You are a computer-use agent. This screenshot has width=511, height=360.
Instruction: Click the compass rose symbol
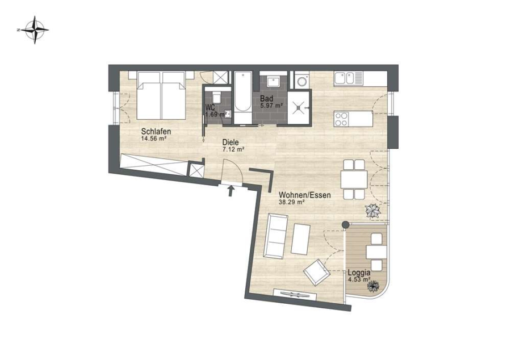(x=35, y=30)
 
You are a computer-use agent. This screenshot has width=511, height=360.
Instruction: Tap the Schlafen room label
(x=156, y=132)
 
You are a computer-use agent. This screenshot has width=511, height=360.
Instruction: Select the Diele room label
(x=231, y=143)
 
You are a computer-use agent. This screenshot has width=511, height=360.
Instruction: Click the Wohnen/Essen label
(x=305, y=195)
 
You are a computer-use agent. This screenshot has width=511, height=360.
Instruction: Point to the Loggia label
(x=359, y=273)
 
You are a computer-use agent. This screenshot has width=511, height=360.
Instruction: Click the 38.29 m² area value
(x=292, y=202)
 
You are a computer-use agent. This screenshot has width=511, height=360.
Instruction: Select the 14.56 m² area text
(x=154, y=139)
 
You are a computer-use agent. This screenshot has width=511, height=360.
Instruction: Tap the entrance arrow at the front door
(x=231, y=191)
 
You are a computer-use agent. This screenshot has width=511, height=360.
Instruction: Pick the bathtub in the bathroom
(x=243, y=98)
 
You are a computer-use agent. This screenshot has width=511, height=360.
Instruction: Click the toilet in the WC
(x=217, y=96)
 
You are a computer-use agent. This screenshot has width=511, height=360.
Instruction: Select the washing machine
(x=302, y=80)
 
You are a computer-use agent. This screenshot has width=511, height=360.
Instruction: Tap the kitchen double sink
(x=348, y=79)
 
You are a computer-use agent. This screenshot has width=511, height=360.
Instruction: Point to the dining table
(x=354, y=179)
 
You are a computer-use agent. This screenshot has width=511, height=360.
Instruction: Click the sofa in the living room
(x=276, y=235)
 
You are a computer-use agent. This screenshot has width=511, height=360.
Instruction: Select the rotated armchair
(x=316, y=273)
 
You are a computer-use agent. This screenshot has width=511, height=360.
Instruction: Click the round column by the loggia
(x=345, y=224)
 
